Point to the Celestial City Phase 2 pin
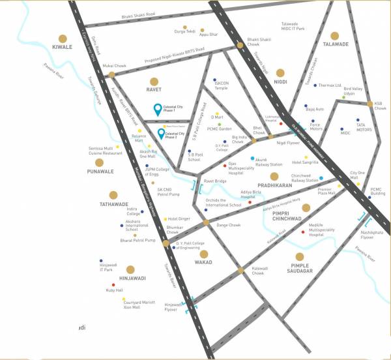tap(161, 135)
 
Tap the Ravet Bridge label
tap(215, 181)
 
